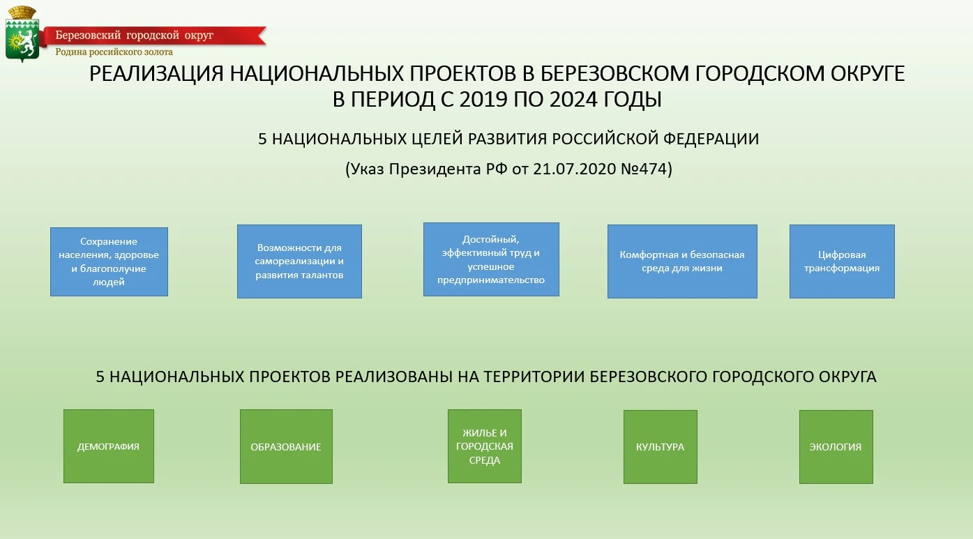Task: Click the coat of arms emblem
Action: pos(22,34)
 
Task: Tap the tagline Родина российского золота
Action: pos(114,52)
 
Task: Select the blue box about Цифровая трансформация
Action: pos(842,261)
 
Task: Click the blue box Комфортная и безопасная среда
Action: pos(682,261)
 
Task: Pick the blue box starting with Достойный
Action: pos(491,259)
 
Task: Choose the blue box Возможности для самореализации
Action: pos(299,261)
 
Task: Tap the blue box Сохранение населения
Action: pos(109,262)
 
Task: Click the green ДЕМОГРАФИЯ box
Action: pos(109,446)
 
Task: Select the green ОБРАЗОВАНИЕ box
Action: pos(286,446)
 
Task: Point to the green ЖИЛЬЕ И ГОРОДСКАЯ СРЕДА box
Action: pos(485,446)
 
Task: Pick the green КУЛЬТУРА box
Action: pos(661,447)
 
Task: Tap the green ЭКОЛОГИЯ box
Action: pos(836,447)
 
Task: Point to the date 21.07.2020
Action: pos(574,169)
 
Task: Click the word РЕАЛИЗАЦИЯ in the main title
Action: pos(156,73)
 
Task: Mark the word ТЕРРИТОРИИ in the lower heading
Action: pos(534,377)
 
